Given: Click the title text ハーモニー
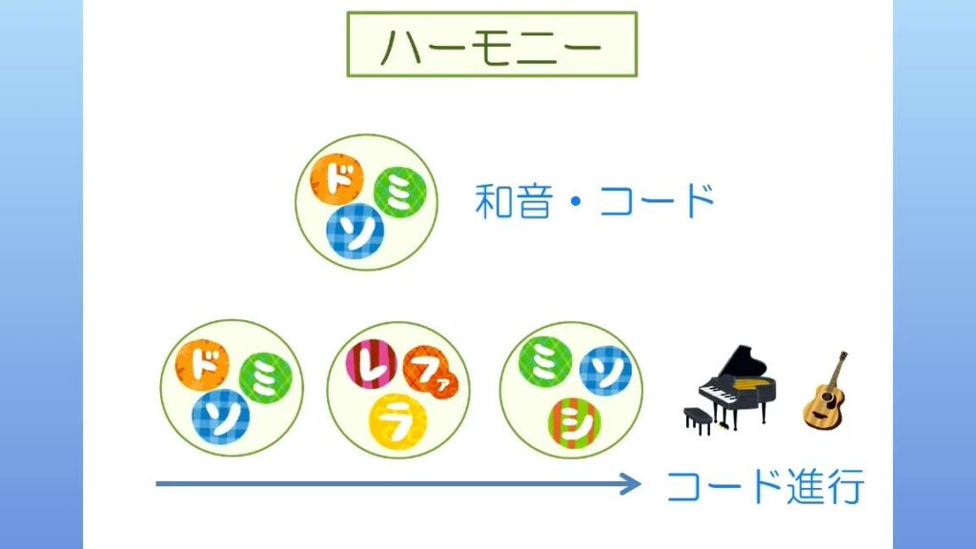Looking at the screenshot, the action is pyautogui.click(x=492, y=46).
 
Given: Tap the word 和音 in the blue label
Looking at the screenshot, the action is pyautogui.click(x=514, y=200).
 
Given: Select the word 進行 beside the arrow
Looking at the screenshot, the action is pyautogui.click(x=825, y=486).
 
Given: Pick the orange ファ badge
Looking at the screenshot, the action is pyautogui.click(x=431, y=374).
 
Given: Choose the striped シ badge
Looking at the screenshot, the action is pyautogui.click(x=574, y=423).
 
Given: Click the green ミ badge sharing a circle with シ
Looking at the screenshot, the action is pyautogui.click(x=544, y=360).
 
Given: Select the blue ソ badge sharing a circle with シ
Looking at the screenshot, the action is pyautogui.click(x=605, y=371).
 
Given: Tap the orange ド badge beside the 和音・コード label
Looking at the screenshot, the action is pyautogui.click(x=336, y=179).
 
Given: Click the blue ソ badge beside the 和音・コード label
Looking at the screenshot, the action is pyautogui.click(x=356, y=232).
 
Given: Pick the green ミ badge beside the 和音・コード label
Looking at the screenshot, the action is pyautogui.click(x=399, y=193).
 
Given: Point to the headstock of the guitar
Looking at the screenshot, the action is pyautogui.click(x=843, y=357).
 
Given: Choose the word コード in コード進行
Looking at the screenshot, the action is pyautogui.click(x=723, y=486).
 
